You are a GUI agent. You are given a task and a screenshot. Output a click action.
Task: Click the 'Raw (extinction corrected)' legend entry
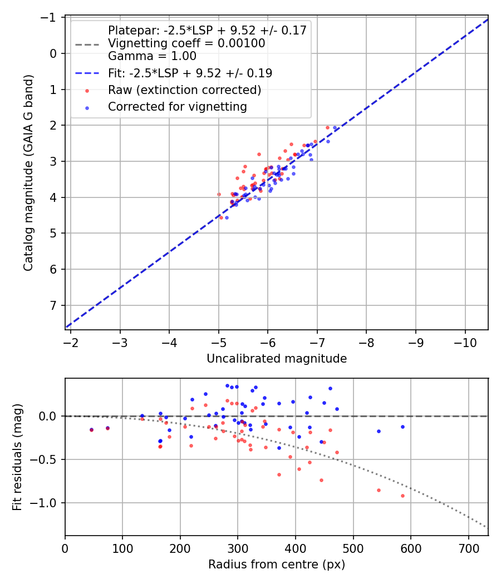click(184, 90)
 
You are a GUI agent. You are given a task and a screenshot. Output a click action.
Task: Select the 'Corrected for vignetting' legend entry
click(178, 106)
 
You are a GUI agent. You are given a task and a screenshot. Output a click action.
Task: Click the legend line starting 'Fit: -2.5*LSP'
click(190, 73)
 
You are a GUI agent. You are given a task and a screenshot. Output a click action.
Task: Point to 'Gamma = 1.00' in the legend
click(152, 56)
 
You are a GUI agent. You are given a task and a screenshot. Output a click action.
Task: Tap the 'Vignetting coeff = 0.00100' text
click(186, 43)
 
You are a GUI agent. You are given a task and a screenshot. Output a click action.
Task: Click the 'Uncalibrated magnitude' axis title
click(277, 359)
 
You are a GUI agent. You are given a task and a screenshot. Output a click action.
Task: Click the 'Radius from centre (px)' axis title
click(277, 565)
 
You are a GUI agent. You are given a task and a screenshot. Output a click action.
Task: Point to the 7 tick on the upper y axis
click(54, 305)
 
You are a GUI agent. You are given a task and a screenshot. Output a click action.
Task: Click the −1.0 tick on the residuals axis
click(47, 503)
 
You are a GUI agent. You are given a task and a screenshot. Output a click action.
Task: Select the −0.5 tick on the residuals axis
click(47, 459)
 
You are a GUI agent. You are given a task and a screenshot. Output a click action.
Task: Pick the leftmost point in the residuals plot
click(91, 430)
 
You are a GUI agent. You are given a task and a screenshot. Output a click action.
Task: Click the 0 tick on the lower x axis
click(65, 548)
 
